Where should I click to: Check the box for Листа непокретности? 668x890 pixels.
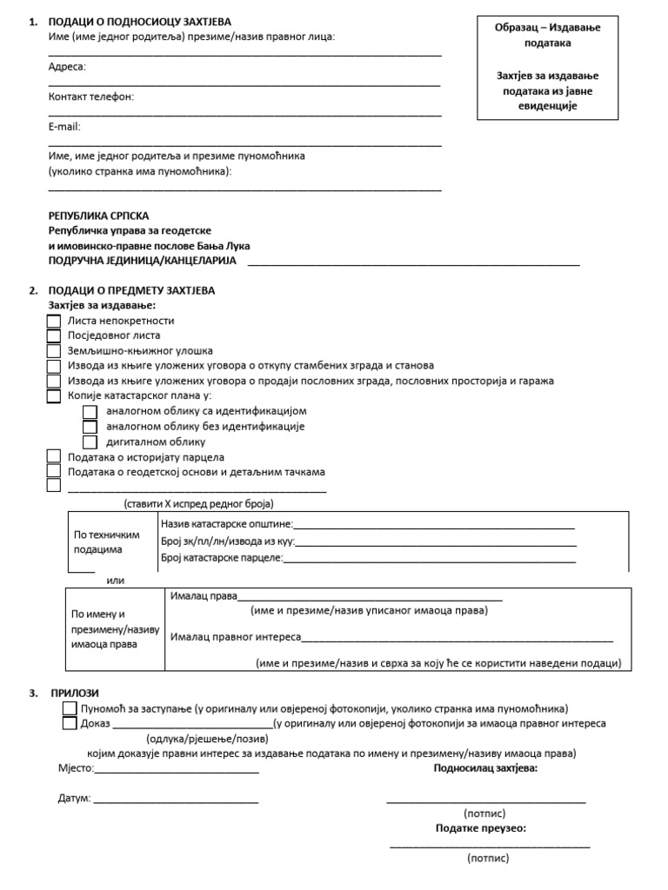click(x=53, y=321)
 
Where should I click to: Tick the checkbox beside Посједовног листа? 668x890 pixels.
click(x=53, y=335)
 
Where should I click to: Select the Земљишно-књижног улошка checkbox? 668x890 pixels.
click(x=53, y=351)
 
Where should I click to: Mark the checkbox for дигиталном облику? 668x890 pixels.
click(x=90, y=442)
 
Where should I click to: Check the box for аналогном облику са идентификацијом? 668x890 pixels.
click(x=90, y=411)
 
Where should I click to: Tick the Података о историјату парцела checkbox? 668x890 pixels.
click(x=53, y=457)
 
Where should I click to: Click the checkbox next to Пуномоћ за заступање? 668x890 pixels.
click(x=70, y=708)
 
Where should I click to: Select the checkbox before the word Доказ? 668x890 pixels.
click(x=70, y=723)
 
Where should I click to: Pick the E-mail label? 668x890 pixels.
click(x=64, y=126)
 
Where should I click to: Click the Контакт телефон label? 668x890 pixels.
click(x=91, y=96)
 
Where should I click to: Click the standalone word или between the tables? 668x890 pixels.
click(x=115, y=580)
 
